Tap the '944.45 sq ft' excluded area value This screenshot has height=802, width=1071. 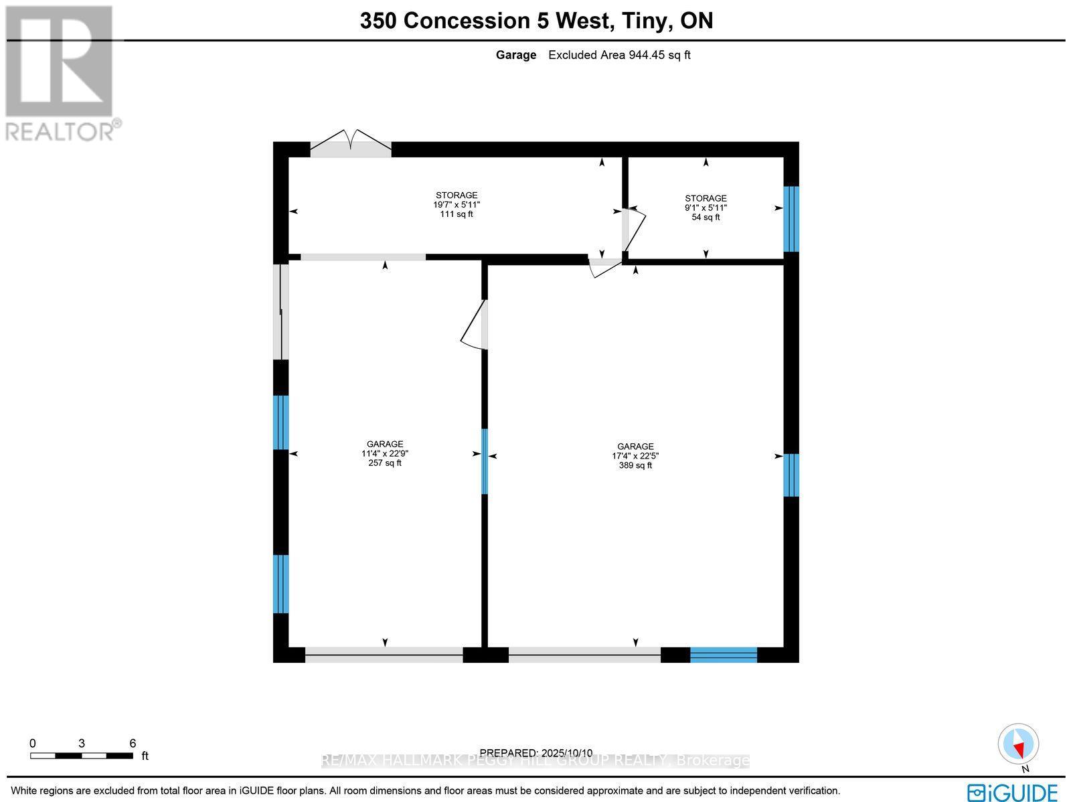(x=659, y=55)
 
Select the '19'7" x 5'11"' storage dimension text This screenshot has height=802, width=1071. (x=457, y=205)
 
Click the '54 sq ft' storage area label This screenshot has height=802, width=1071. (x=706, y=217)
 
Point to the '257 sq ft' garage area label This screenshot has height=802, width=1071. (x=385, y=463)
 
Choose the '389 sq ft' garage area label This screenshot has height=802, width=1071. (x=635, y=465)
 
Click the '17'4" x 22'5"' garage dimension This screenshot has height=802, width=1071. (x=635, y=456)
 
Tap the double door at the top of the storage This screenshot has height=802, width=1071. (x=351, y=144)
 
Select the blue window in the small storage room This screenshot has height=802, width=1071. (x=791, y=218)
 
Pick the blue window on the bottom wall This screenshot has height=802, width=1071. (x=724, y=655)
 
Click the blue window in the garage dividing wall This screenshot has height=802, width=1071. (x=485, y=461)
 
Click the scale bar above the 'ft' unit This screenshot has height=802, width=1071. (x=81, y=756)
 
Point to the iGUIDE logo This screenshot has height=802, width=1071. (x=1013, y=792)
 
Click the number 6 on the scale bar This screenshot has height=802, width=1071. (x=133, y=743)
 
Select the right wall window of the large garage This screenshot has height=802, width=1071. (x=791, y=475)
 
